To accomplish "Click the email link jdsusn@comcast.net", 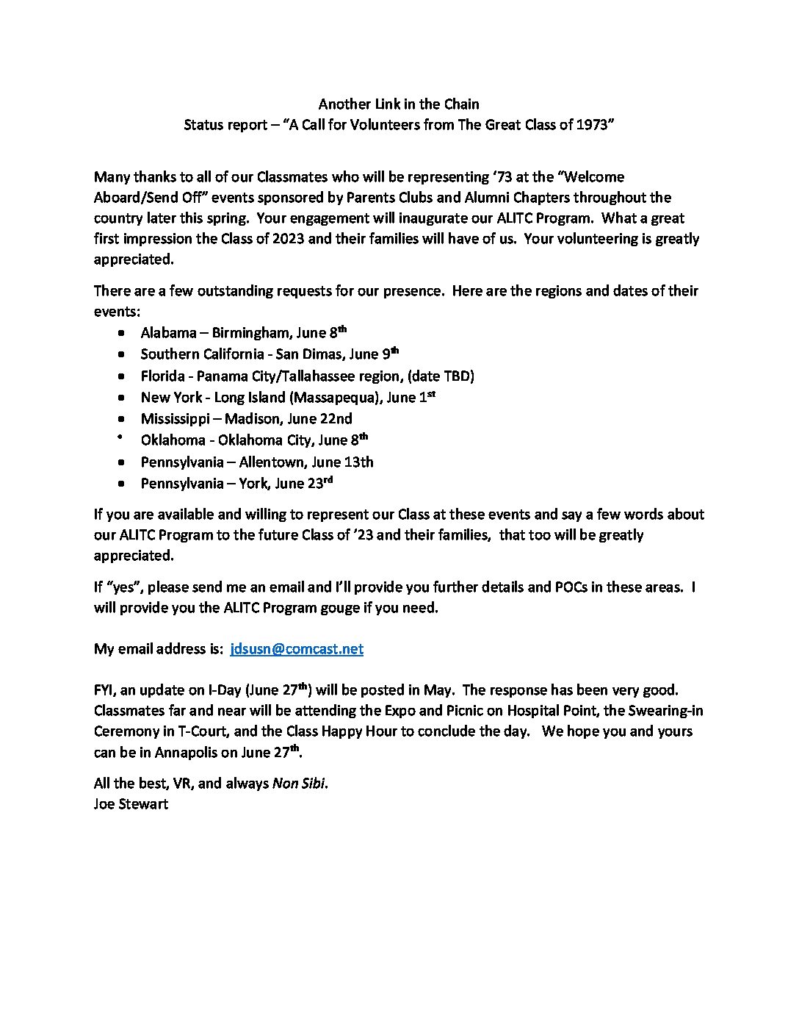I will (x=297, y=649).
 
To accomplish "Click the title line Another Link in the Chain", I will (x=399, y=104).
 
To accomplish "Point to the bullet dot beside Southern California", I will (x=122, y=354).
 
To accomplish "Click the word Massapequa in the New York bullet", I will (x=338, y=398).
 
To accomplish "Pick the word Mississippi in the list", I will (x=177, y=419).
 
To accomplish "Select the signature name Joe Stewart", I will (x=131, y=804).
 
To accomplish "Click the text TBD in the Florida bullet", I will (x=456, y=376).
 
